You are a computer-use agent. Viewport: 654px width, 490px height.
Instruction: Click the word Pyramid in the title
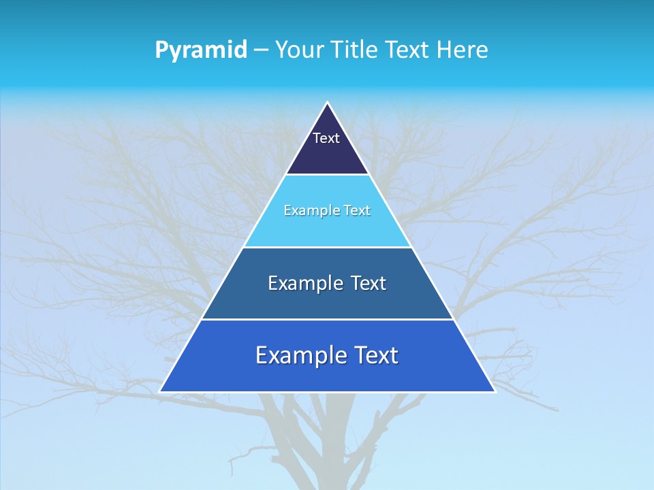tap(201, 50)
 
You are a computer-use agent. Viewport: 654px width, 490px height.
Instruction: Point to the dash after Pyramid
tap(261, 50)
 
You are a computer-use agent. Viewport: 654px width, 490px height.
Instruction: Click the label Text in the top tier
tap(326, 138)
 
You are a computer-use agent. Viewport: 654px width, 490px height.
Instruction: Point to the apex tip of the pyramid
tap(327, 103)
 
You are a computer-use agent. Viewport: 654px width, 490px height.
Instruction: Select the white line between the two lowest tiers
tap(327, 319)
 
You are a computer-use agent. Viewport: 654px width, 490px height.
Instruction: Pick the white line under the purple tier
tap(327, 175)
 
